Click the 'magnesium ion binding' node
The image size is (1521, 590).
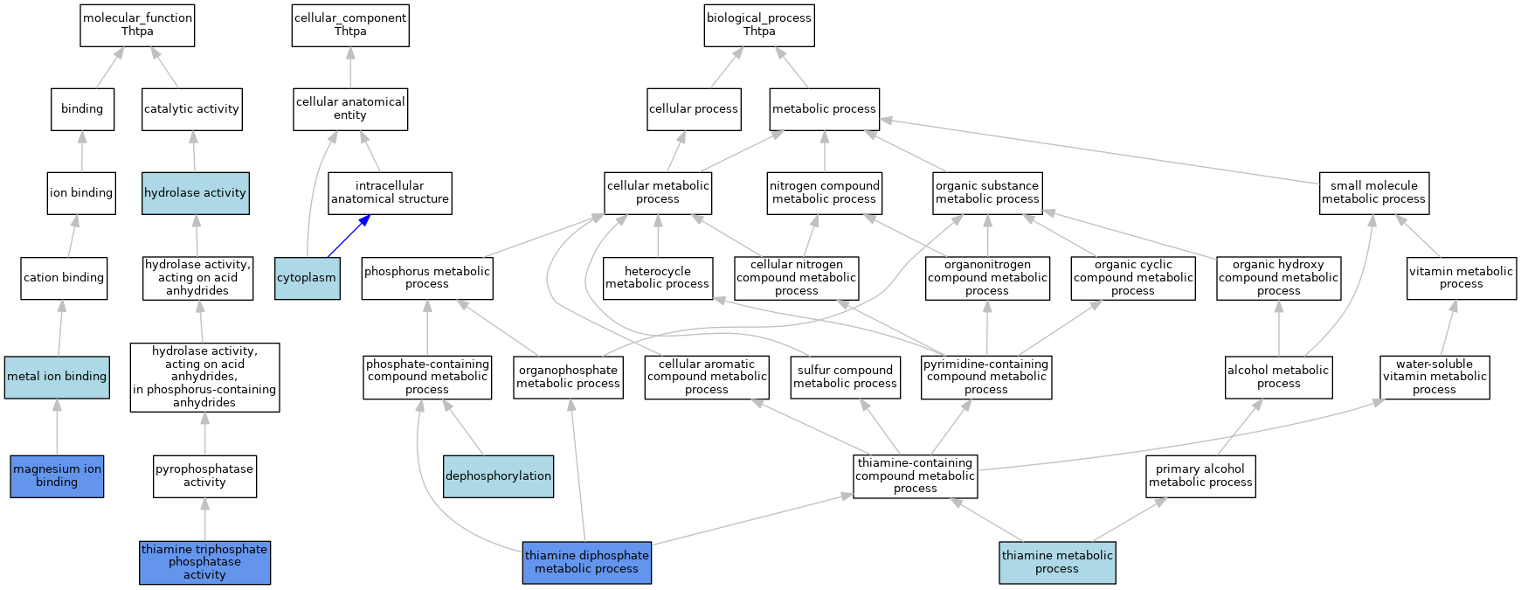pos(57,475)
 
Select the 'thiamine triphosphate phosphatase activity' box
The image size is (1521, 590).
pos(205,562)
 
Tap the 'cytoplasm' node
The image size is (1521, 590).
pos(307,278)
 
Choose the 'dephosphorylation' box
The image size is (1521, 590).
pos(498,475)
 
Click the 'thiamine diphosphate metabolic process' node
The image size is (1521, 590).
pos(587,562)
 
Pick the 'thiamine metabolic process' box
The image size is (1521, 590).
pos(1057,562)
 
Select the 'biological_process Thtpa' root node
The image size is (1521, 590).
pos(759,24)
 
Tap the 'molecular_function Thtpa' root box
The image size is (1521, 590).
pos(137,24)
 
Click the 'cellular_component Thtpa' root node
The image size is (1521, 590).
pos(350,24)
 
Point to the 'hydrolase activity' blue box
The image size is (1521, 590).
pos(195,193)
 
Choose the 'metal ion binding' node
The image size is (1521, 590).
pos(57,377)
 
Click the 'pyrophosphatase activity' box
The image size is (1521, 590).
pos(205,475)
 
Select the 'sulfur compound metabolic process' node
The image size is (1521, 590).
pos(845,377)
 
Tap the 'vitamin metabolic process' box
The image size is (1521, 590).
pos(1462,278)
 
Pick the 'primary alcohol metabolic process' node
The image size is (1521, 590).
pos(1201,475)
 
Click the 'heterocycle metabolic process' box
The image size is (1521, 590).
pos(657,278)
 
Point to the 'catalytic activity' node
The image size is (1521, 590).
pos(191,109)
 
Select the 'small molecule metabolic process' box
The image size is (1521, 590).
pos(1373,193)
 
